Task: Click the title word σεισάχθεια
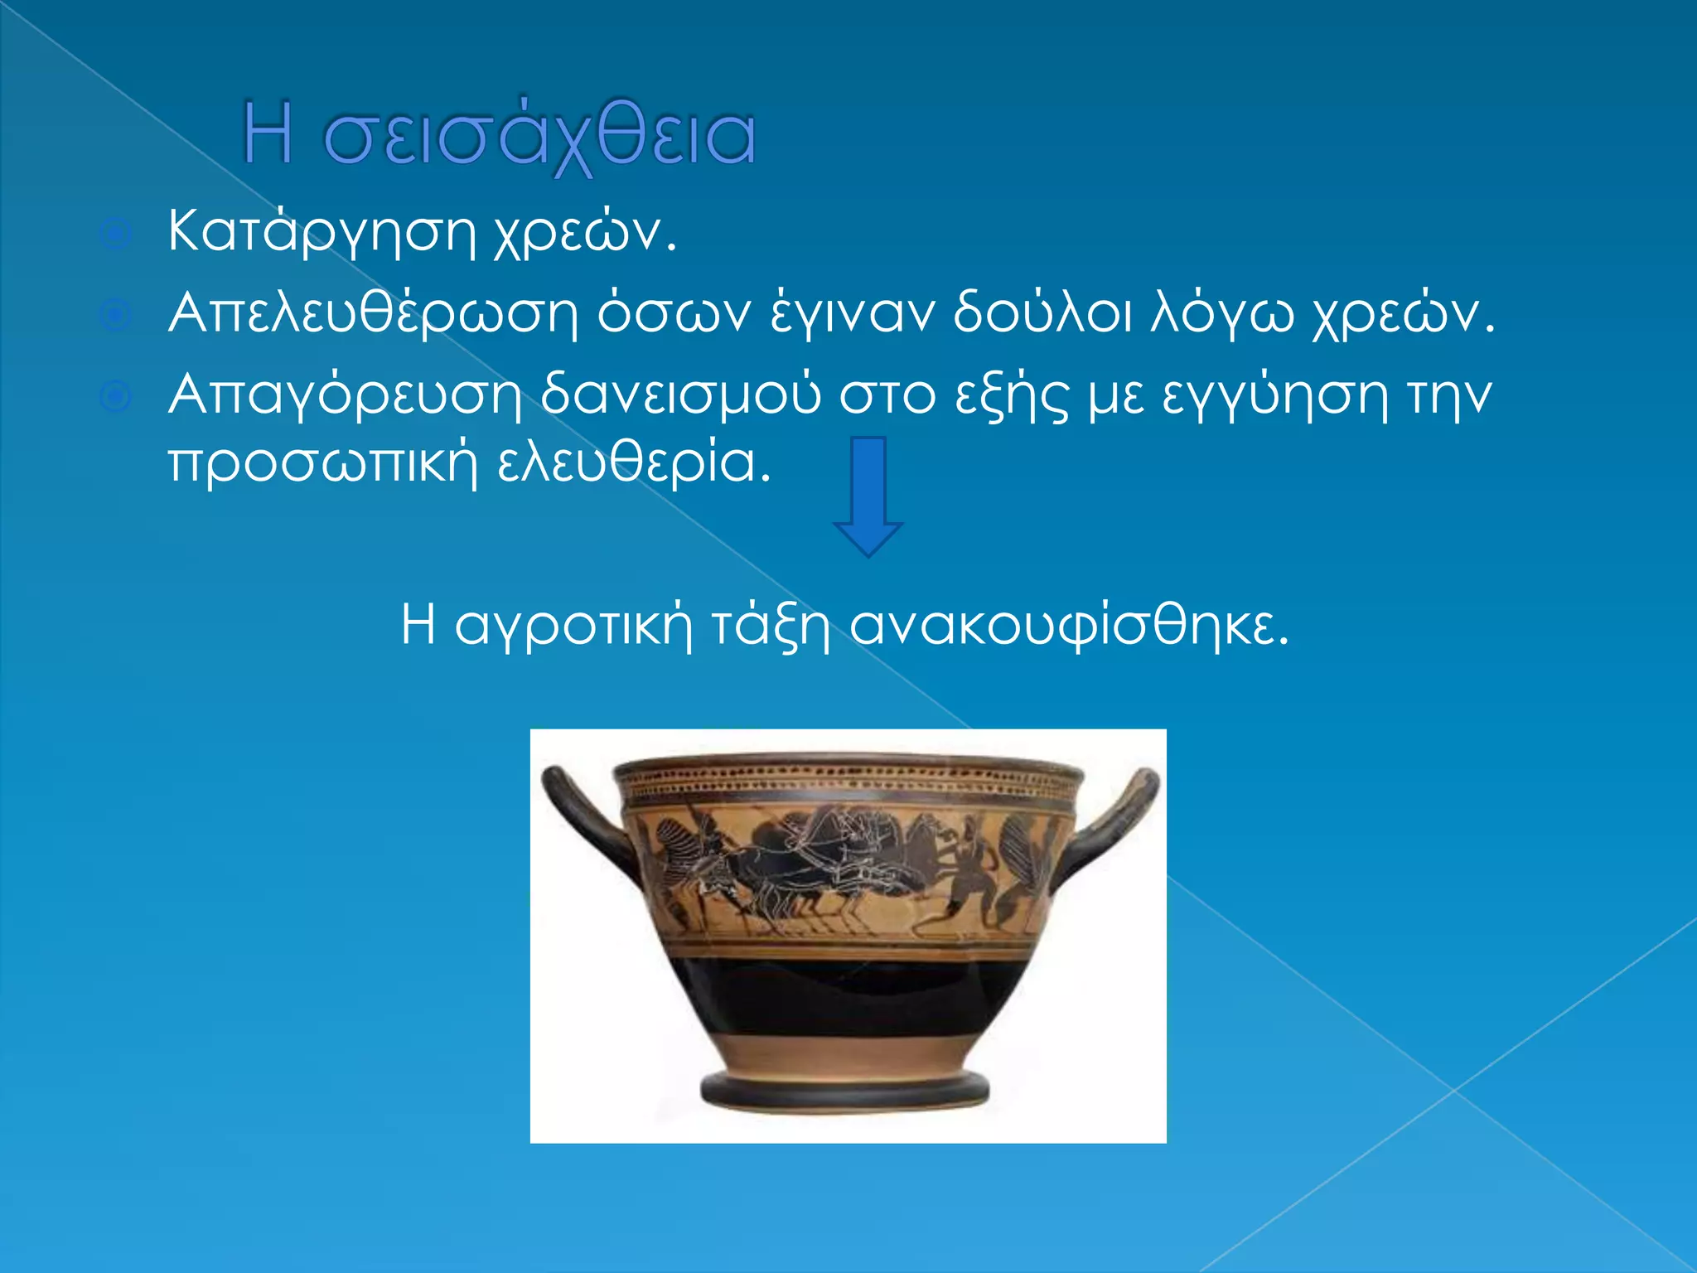[x=539, y=137]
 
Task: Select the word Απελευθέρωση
[x=373, y=314]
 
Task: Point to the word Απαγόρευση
[x=345, y=395]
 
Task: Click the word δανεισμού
[x=680, y=395]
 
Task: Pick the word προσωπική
[x=323, y=462]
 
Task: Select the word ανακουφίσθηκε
[x=1070, y=625]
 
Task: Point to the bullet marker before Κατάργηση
[x=115, y=235]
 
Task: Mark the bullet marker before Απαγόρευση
[x=115, y=398]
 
